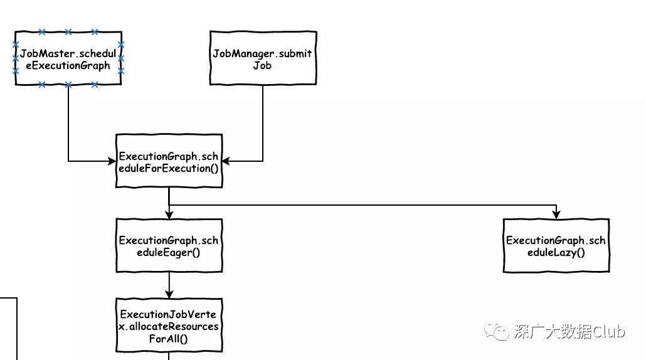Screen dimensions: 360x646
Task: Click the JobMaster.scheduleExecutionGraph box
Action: point(68,58)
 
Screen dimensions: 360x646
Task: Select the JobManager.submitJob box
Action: point(262,58)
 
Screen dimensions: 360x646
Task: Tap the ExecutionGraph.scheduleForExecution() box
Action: point(169,161)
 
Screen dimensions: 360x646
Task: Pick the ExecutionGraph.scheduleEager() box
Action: point(169,246)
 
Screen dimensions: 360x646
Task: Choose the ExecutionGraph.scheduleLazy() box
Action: point(556,246)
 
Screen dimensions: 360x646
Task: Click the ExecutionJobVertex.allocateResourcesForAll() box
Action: point(169,326)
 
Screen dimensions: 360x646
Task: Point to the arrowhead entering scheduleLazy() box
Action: point(556,214)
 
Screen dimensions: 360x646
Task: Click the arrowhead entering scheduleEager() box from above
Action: point(169,214)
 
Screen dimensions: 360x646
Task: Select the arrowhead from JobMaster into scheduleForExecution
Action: point(112,162)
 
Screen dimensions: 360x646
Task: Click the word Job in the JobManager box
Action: point(262,65)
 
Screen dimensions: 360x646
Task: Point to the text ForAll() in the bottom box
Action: point(169,339)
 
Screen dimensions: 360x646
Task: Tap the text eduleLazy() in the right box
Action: point(556,253)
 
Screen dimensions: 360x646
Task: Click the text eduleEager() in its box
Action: point(169,253)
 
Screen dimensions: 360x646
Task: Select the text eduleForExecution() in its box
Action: point(169,168)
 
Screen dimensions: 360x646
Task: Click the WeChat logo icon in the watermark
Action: point(501,332)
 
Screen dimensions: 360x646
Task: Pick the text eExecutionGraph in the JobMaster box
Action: point(68,65)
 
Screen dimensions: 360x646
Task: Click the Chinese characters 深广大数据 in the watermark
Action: point(552,332)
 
